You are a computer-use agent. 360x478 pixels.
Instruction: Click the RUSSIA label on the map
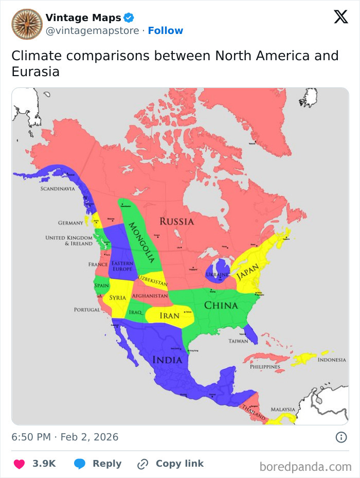[176, 222]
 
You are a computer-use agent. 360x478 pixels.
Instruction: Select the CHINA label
[221, 306]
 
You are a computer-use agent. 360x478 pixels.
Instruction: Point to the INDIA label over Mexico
[167, 360]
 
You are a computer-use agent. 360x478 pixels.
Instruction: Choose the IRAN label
[169, 315]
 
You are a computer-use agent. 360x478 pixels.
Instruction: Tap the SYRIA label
[118, 298]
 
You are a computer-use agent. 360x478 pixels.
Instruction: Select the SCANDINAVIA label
[58, 189]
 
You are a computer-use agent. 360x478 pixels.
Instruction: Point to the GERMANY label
[70, 223]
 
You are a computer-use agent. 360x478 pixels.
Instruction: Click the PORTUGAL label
[87, 310]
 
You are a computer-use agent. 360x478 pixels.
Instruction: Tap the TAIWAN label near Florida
[238, 341]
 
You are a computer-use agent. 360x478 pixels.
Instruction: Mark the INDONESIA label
[332, 360]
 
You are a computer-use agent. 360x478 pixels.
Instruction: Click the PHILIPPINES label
[265, 367]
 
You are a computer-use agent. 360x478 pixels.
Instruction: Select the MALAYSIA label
[283, 410]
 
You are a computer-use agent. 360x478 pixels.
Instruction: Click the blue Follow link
[166, 30]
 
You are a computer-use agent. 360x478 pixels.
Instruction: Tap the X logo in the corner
[340, 17]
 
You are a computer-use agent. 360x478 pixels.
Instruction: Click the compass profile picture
[27, 24]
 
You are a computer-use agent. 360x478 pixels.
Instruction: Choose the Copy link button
[170, 464]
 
